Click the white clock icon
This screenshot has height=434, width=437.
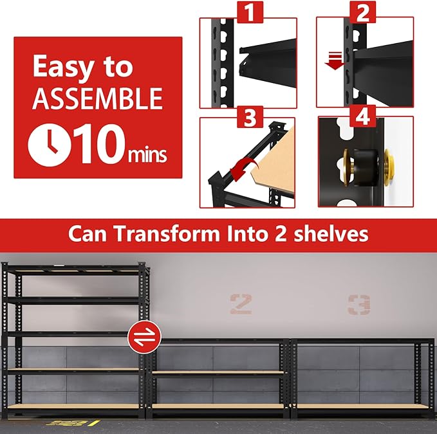[x=49, y=145]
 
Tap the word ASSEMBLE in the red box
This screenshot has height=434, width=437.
[x=97, y=98]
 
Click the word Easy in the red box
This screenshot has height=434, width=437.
[x=62, y=67]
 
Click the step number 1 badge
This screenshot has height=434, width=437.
[x=248, y=12]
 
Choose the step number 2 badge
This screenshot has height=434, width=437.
[x=365, y=12]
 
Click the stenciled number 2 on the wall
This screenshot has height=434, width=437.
[x=241, y=303]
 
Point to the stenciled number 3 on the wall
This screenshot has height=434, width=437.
[x=358, y=304]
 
